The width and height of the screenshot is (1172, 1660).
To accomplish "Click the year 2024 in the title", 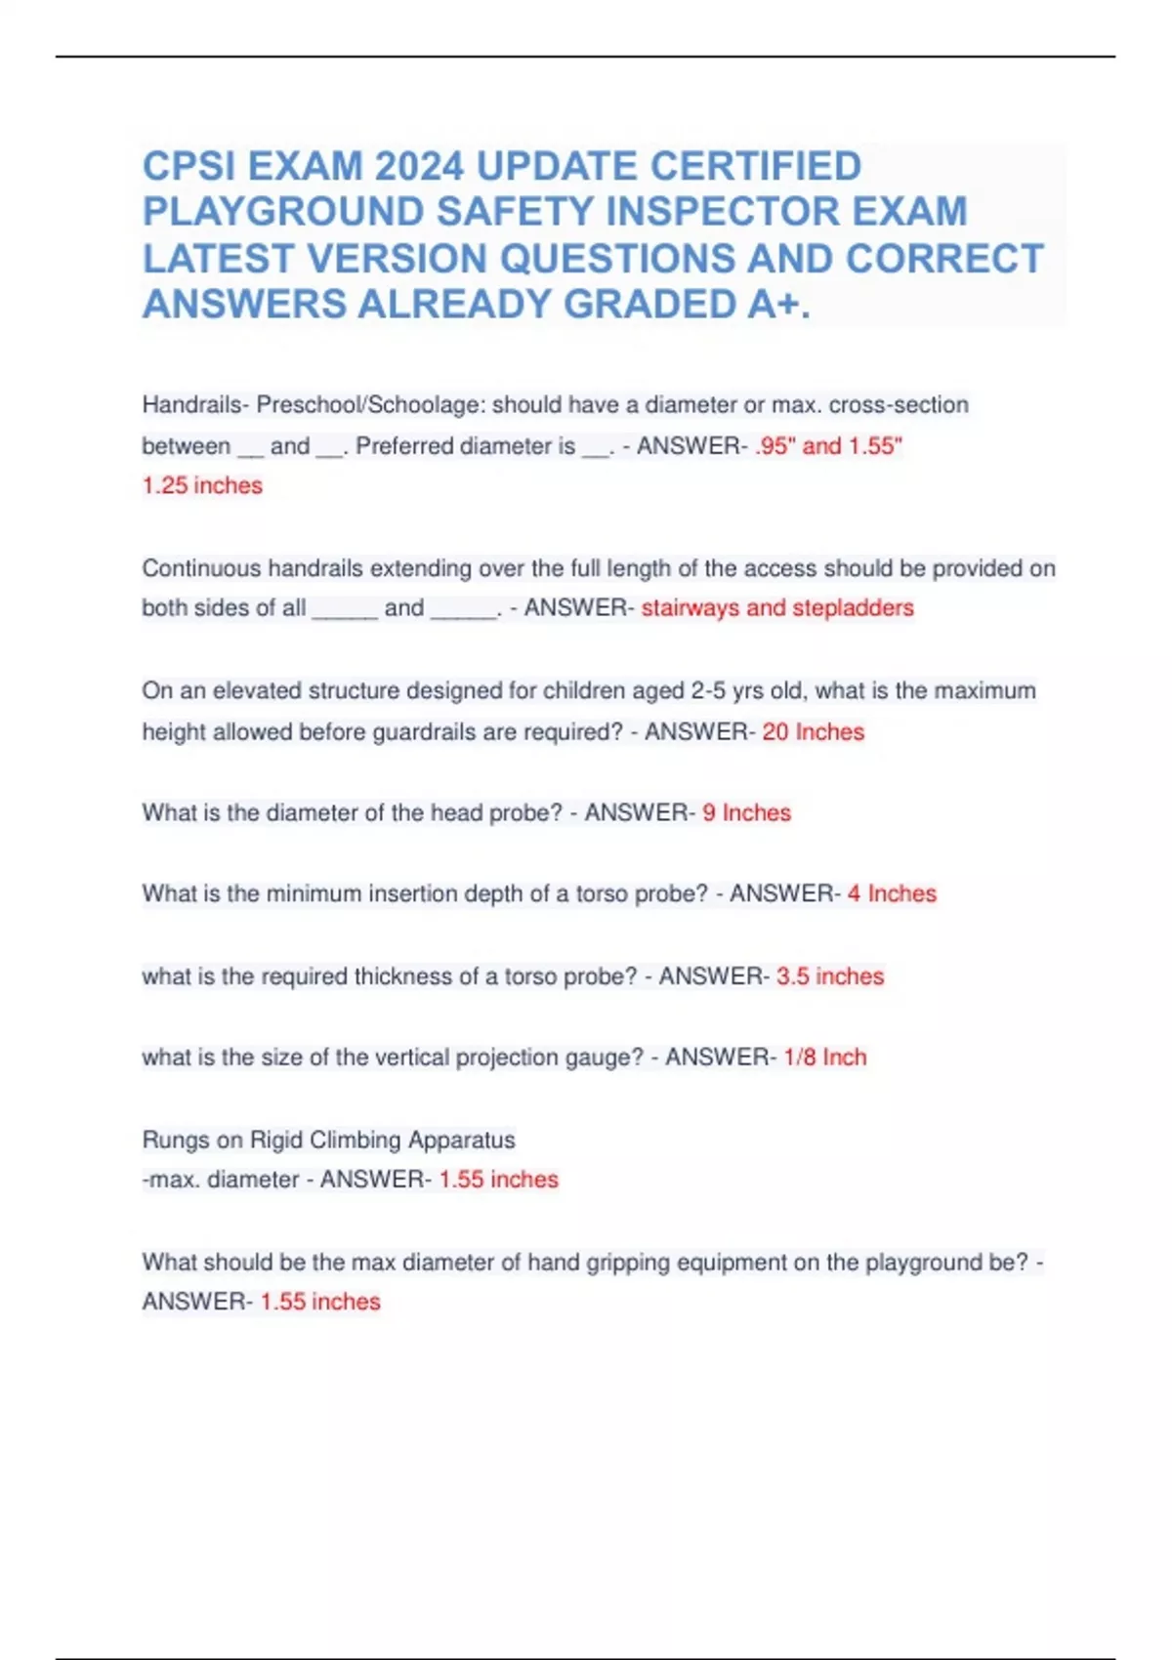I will point(419,166).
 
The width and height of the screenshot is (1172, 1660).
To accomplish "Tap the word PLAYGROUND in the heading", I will point(282,212).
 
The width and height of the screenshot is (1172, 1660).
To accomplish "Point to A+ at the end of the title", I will point(777,305).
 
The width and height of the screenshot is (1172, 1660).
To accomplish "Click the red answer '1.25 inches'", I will point(202,485).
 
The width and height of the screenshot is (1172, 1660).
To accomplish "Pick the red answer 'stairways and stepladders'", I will point(777,607).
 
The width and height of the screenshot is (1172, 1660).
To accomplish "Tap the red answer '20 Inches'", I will point(813,731).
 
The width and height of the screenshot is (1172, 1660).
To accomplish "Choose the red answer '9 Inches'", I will point(746,812).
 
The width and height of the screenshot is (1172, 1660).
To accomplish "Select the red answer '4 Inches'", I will point(892,893).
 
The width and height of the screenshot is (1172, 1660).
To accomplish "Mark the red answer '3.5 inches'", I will point(830,976).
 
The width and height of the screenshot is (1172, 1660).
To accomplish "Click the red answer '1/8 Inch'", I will point(824,1057).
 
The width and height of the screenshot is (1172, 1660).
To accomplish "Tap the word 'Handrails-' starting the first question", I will point(195,405).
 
